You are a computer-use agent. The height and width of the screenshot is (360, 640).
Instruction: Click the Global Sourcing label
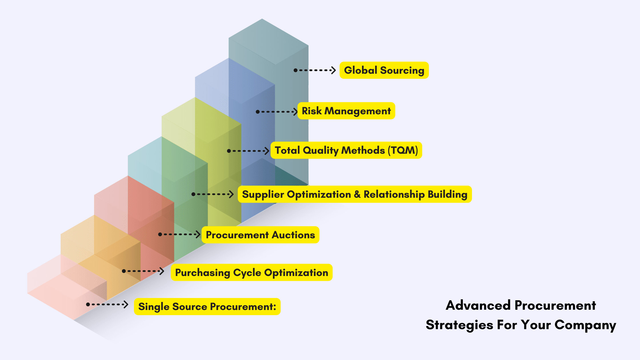click(x=384, y=70)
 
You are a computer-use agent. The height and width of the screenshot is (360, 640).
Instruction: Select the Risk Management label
click(x=346, y=111)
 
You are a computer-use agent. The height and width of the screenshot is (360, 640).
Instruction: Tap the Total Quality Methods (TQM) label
click(x=346, y=150)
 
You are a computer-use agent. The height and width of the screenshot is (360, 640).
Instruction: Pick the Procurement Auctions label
click(x=260, y=235)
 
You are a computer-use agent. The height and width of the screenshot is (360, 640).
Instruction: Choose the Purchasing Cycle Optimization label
click(x=251, y=273)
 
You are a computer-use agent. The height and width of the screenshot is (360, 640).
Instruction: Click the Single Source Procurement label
click(x=207, y=307)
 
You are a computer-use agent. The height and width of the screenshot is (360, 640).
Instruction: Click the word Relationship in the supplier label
click(x=394, y=194)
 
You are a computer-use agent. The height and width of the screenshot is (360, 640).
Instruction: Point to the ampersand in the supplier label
click(x=357, y=194)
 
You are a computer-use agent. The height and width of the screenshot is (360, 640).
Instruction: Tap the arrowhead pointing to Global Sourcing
click(x=333, y=70)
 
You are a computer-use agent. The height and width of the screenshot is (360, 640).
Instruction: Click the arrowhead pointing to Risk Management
click(x=295, y=112)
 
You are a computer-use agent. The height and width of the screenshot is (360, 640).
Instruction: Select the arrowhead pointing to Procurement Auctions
click(x=198, y=234)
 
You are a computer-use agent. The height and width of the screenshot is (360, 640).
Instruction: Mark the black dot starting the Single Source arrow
click(x=88, y=305)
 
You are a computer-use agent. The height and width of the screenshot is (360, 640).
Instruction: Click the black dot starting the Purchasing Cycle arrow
click(x=124, y=271)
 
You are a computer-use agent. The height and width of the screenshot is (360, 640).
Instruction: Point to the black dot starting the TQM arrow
click(x=229, y=151)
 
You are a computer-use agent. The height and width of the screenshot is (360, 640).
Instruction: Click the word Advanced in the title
click(x=478, y=305)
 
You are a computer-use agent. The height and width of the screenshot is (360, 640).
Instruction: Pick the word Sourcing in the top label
click(x=402, y=71)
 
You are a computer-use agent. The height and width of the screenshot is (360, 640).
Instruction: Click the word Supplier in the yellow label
click(x=263, y=195)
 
